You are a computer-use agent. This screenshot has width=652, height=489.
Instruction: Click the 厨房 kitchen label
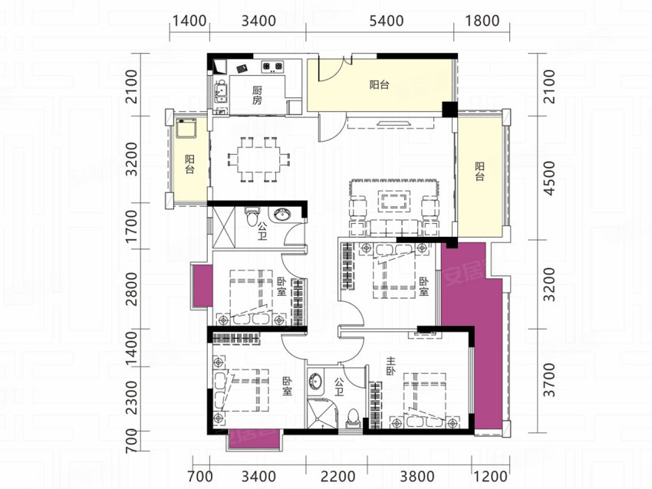click(x=258, y=95)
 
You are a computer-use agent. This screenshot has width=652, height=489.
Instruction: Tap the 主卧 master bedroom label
click(x=390, y=366)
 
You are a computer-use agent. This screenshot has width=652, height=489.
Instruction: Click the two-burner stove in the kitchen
click(x=272, y=66)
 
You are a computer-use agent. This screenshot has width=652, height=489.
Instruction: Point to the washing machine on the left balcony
click(x=186, y=129)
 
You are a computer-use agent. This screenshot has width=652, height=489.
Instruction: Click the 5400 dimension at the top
click(x=387, y=21)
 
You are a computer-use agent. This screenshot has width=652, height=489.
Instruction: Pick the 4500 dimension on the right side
click(x=549, y=179)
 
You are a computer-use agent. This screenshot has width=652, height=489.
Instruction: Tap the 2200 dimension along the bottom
click(x=338, y=476)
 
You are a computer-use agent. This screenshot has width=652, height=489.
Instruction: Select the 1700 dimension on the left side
click(x=131, y=227)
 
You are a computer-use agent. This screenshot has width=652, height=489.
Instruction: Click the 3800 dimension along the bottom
click(x=417, y=476)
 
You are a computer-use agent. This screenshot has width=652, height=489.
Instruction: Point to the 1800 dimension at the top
click(x=482, y=21)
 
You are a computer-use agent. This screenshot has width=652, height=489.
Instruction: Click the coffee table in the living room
click(x=394, y=201)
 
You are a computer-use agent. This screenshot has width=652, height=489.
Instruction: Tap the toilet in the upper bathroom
click(x=252, y=215)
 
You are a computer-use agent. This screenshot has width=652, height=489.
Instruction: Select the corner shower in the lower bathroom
click(x=321, y=413)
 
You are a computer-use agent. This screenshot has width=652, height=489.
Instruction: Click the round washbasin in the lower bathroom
click(x=315, y=381)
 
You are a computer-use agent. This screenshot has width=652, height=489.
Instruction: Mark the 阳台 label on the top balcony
click(x=379, y=85)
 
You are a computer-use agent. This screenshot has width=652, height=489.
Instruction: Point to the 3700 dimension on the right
click(x=549, y=379)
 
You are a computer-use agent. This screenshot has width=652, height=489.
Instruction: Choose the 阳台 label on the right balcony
click(x=480, y=172)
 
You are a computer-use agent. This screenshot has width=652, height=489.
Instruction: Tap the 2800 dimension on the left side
click(x=131, y=289)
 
